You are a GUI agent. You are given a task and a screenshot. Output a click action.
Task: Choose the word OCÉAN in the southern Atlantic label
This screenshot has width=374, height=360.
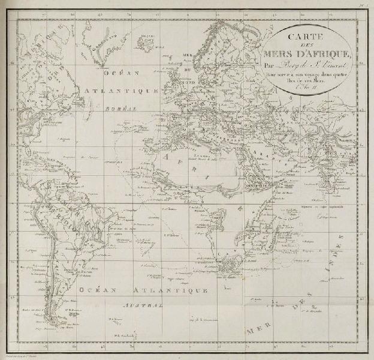(100, 289)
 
